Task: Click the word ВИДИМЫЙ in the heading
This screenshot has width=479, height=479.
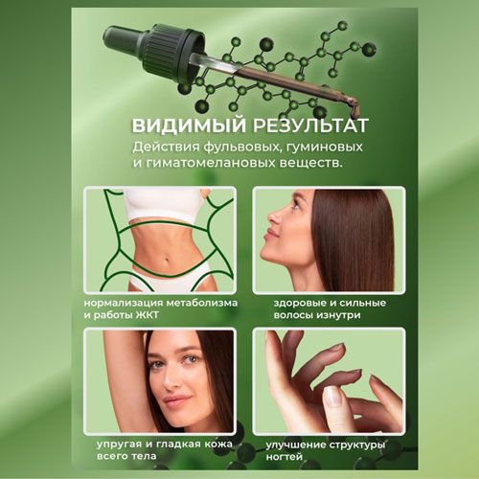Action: [189, 125]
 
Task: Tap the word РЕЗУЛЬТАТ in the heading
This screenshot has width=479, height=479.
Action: [310, 125]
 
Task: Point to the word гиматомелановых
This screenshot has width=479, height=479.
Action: [211, 163]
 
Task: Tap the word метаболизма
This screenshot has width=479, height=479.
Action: [202, 303]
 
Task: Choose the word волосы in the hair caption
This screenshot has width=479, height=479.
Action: [293, 315]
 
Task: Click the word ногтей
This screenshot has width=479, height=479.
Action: [285, 457]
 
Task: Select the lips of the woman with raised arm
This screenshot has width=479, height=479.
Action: [176, 399]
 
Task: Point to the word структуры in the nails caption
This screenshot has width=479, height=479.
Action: [357, 445]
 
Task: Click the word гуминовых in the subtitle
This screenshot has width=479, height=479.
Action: [325, 148]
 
